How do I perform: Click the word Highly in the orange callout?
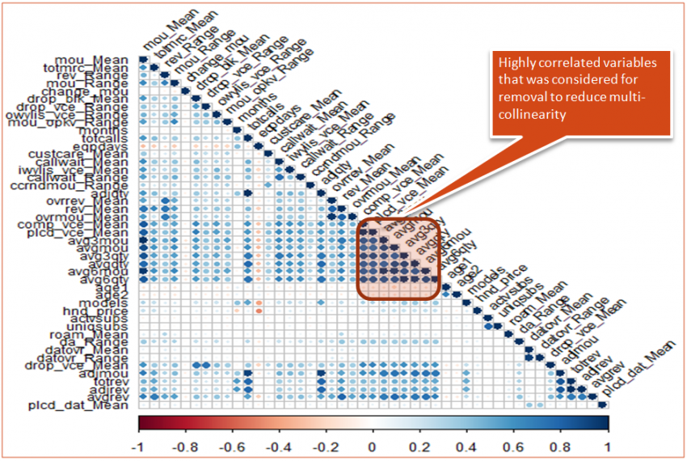(516, 63)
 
